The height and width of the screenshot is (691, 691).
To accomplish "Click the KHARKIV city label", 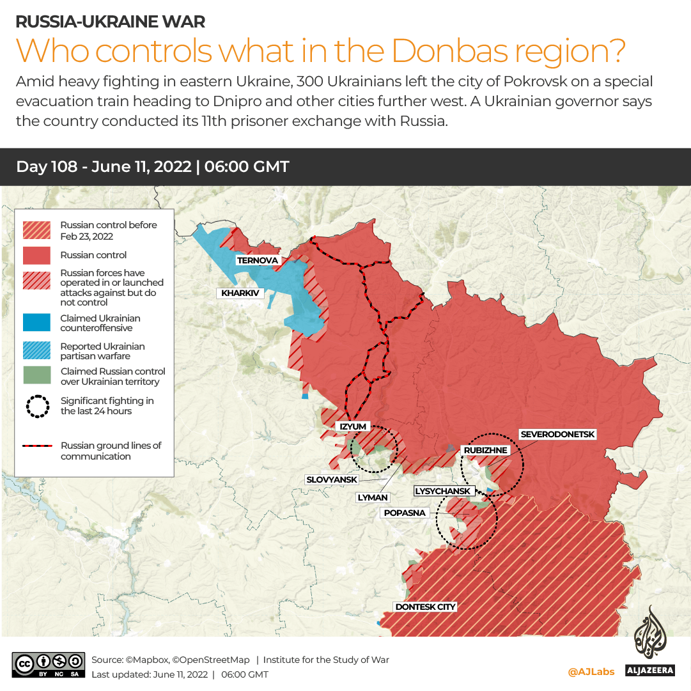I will pyautogui.click(x=240, y=293).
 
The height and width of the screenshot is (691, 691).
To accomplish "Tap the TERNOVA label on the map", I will pyautogui.click(x=258, y=260).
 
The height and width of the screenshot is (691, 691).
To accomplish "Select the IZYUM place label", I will pyautogui.click(x=352, y=426).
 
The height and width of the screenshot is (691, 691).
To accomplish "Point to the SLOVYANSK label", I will pyautogui.click(x=332, y=479).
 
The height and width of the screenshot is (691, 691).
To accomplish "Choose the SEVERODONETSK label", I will pyautogui.click(x=557, y=434).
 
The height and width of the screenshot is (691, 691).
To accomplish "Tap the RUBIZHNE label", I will pyautogui.click(x=486, y=450).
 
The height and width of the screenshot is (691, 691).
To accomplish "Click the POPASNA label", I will pyautogui.click(x=405, y=513).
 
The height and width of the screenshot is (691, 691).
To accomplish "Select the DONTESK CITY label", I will pyautogui.click(x=425, y=607).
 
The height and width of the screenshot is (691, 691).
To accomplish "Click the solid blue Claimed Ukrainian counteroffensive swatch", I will pyautogui.click(x=36, y=323).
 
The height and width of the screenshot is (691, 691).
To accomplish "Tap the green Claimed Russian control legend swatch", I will pyautogui.click(x=36, y=376).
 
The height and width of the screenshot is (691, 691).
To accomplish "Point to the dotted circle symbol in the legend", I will pyautogui.click(x=36, y=406).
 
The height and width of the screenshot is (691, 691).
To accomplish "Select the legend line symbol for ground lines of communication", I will pyautogui.click(x=36, y=446).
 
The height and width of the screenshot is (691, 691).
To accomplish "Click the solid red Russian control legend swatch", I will pyautogui.click(x=36, y=255).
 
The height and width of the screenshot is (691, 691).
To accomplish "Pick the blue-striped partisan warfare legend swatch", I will pyautogui.click(x=36, y=351).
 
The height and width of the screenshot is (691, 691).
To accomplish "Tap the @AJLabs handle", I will pyautogui.click(x=591, y=671).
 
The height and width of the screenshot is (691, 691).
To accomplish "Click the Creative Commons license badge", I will pyautogui.click(x=49, y=664).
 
